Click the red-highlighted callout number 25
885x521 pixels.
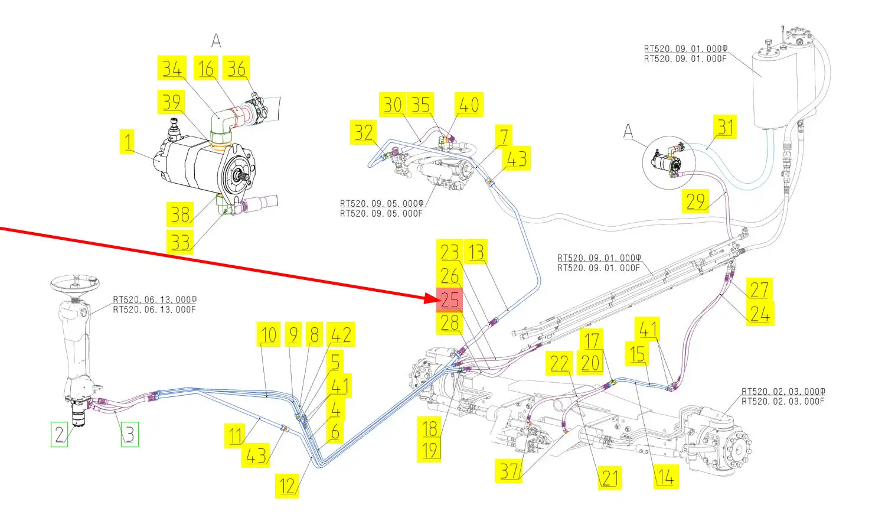tap(449, 299)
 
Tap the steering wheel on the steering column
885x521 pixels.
tap(74, 284)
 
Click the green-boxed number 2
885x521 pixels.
tap(59, 434)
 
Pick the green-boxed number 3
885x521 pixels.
tap(129, 434)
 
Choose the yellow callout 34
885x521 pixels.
tap(172, 68)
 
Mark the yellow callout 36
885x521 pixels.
tap(236, 68)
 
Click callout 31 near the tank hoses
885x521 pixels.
tap(725, 127)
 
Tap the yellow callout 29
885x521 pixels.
tap(695, 201)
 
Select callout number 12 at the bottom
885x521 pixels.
tap(287, 486)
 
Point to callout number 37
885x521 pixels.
tap(509, 471)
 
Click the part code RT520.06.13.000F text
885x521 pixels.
tap(154, 310)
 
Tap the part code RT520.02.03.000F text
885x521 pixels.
tap(783, 401)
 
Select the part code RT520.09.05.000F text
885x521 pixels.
tap(381, 213)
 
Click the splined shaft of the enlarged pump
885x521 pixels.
tap(241, 176)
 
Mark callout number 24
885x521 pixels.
tap(760, 314)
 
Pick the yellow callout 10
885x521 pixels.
tap(269, 334)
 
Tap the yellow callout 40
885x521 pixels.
tap(469, 105)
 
